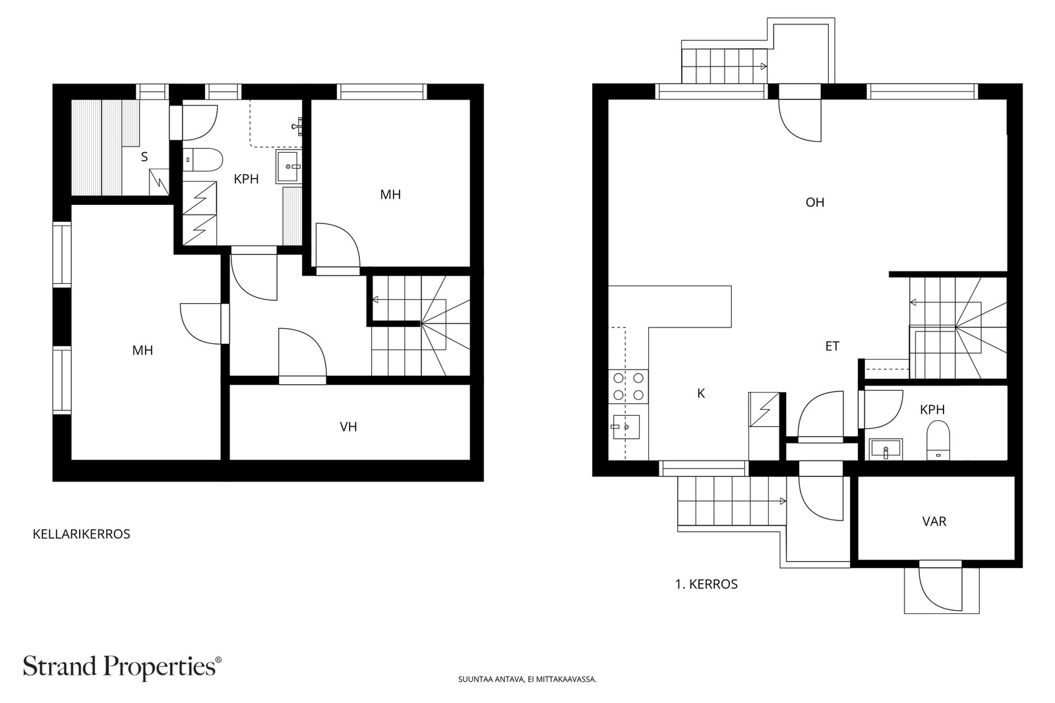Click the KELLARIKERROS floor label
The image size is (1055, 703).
pos(82,534)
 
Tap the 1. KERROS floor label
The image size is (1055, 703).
pos(706,584)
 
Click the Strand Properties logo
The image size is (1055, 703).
pos(122,667)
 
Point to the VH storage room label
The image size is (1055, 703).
pos(349,427)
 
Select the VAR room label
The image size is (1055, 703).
pos(934,521)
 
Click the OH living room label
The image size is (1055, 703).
pos(815,202)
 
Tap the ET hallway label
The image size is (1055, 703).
pos(832,347)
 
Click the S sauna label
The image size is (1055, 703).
pos(144,157)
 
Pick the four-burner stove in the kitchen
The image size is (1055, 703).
pos(628,386)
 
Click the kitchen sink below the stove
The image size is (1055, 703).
pos(626,427)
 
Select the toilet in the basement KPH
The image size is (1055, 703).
pos(202,160)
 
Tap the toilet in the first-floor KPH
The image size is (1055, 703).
pos(938,440)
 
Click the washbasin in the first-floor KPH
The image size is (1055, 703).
pos(886,449)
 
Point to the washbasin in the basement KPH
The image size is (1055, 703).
pos(287,167)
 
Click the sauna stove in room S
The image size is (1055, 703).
pos(159,182)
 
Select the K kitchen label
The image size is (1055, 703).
pos(701,394)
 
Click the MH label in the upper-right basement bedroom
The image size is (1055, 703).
pos(390,194)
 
